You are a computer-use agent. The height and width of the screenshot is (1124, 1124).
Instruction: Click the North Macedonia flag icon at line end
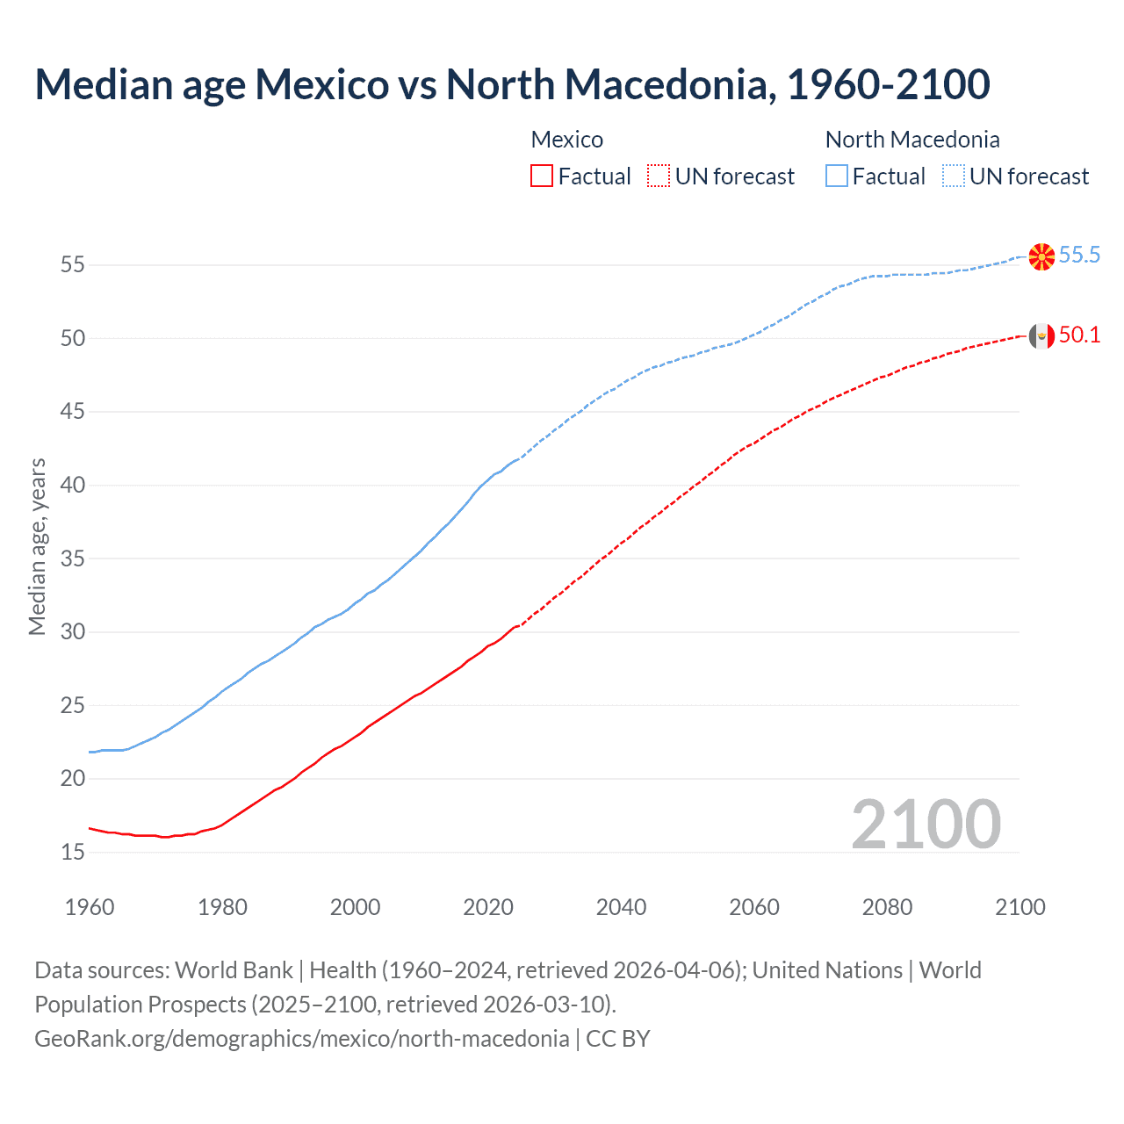tap(1041, 256)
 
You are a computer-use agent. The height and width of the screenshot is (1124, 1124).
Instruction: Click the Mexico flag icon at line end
tap(1041, 335)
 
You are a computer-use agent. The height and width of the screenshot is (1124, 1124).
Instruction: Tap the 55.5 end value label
tap(1079, 256)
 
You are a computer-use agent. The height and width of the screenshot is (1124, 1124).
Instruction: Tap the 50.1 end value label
tap(1079, 335)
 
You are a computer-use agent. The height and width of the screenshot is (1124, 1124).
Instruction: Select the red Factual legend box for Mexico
tap(542, 177)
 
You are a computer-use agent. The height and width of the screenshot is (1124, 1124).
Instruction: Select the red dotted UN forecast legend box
tap(659, 177)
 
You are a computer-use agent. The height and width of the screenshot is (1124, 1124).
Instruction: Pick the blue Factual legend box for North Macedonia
tap(837, 177)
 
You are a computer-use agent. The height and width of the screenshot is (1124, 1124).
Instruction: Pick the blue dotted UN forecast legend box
tap(954, 177)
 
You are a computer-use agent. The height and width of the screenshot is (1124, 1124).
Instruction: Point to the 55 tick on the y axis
tap(72, 264)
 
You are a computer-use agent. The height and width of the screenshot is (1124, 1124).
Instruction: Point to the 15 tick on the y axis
tap(72, 852)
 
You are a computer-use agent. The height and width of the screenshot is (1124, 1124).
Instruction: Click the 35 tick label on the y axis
tap(72, 558)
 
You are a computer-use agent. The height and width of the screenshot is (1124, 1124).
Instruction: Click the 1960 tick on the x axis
tap(90, 907)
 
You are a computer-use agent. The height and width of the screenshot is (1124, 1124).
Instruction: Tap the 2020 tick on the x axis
tap(488, 907)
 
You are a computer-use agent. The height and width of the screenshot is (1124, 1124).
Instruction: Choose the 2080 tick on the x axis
tap(887, 907)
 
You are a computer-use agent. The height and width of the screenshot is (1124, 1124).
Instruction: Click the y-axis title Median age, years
tap(37, 546)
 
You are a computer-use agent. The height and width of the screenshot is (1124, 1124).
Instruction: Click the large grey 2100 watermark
tap(926, 824)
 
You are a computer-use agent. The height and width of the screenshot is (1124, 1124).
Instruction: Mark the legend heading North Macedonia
tap(912, 140)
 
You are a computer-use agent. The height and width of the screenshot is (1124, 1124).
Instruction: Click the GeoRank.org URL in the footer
tap(301, 1039)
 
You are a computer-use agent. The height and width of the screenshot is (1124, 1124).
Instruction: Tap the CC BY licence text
tap(618, 1039)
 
